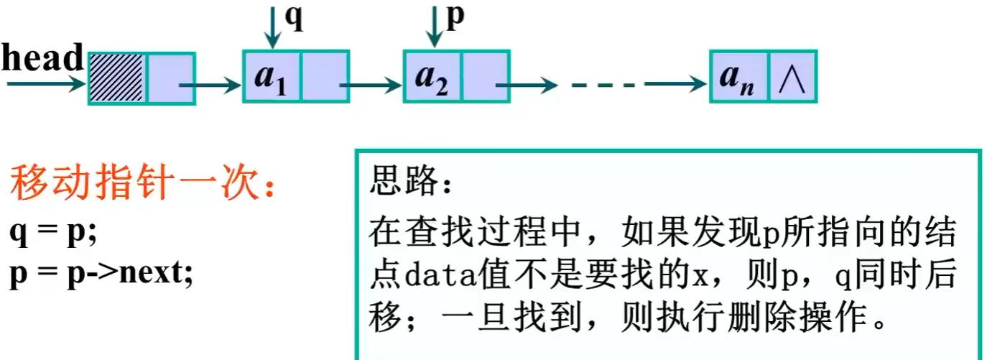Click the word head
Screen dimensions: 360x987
(42, 59)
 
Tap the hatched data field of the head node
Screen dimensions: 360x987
(116, 78)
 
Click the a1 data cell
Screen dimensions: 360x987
(270, 77)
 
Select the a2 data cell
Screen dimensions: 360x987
(431, 77)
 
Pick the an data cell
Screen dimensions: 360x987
(738, 77)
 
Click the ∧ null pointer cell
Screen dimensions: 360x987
(793, 77)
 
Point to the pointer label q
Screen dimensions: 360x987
(295, 18)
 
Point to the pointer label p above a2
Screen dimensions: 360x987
(455, 18)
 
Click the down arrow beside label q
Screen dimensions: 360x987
(272, 24)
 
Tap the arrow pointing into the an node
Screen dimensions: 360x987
(675, 84)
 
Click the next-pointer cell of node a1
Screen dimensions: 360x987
(324, 77)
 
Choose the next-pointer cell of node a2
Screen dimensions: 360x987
(485, 77)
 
